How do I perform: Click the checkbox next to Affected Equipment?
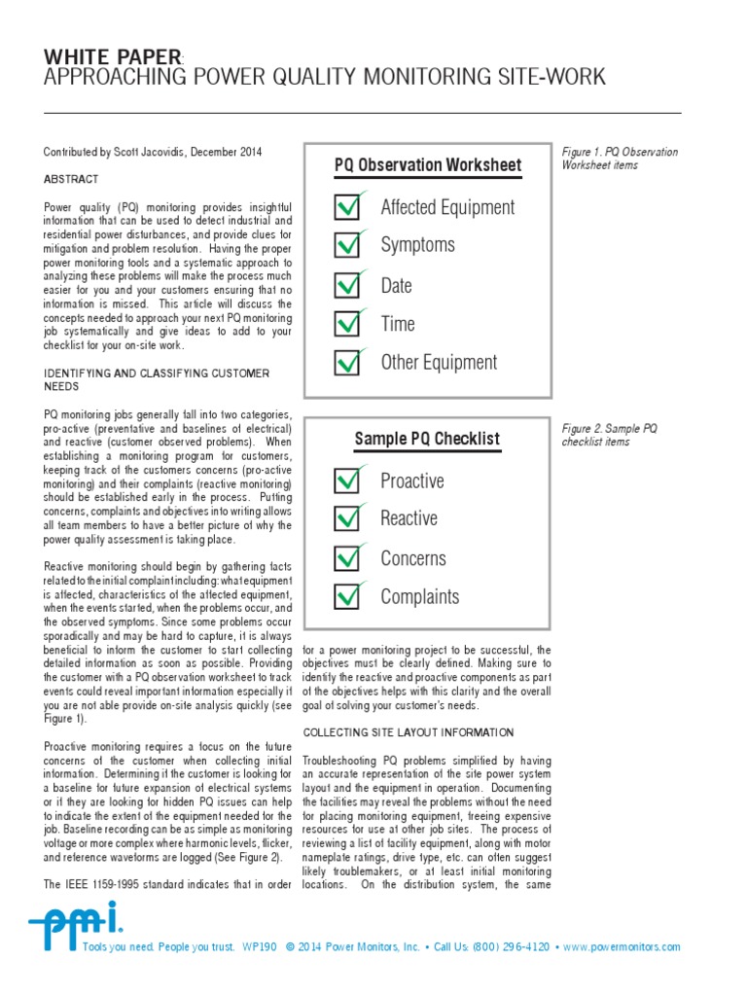pyautogui.click(x=347, y=207)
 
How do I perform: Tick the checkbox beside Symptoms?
pyautogui.click(x=347, y=245)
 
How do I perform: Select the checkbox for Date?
pyautogui.click(x=347, y=286)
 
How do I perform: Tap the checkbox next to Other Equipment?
pyautogui.click(x=347, y=363)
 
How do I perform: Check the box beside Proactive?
pyautogui.click(x=347, y=480)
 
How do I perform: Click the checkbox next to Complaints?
pyautogui.click(x=347, y=596)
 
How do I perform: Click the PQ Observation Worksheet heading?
pyautogui.click(x=428, y=164)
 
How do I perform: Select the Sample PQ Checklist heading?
pyautogui.click(x=427, y=439)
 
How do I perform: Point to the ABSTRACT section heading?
pyautogui.click(x=71, y=180)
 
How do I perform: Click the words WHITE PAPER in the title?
pyautogui.click(x=113, y=57)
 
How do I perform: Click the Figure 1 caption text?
pyautogui.click(x=620, y=159)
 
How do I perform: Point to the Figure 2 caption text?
pyautogui.click(x=610, y=435)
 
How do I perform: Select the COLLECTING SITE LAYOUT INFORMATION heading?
pyautogui.click(x=409, y=731)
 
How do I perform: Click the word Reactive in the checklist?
pyautogui.click(x=409, y=518)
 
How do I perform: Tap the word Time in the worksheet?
pyautogui.click(x=398, y=324)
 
